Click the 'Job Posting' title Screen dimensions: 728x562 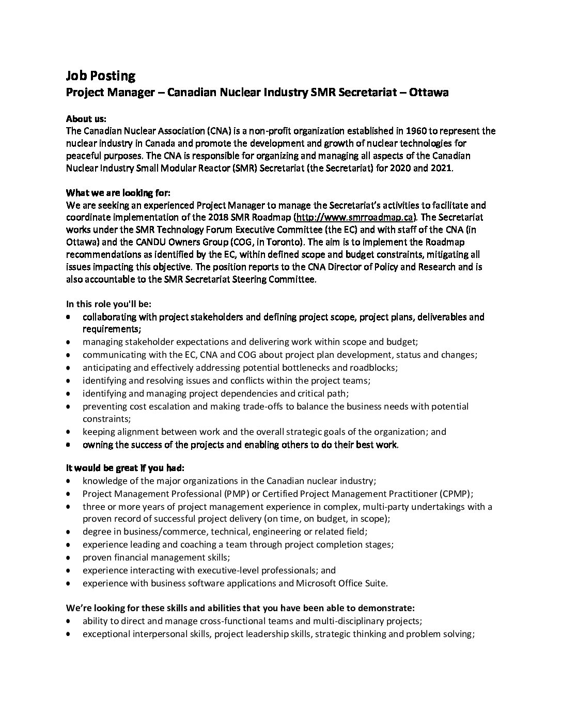[x=100, y=76]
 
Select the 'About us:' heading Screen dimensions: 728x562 [x=86, y=118]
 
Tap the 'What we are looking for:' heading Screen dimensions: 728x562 [x=118, y=193]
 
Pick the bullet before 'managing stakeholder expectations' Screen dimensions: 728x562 [x=69, y=342]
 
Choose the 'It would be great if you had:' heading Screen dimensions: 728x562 [x=125, y=468]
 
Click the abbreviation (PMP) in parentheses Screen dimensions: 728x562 [x=236, y=494]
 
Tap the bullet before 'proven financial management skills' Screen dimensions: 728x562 [x=69, y=558]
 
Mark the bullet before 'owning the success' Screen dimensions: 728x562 [x=69, y=445]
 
